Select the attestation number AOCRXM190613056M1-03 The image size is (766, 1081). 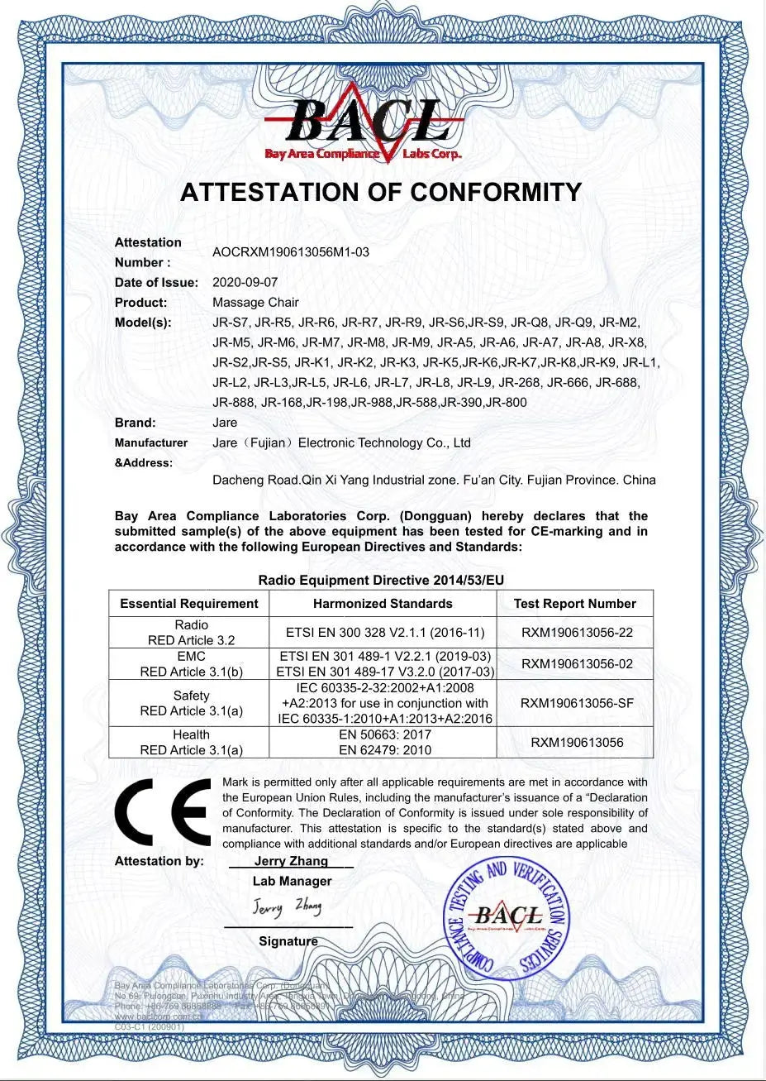(291, 252)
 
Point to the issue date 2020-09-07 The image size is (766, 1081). (245, 282)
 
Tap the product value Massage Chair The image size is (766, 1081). (255, 302)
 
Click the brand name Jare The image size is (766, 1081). (225, 422)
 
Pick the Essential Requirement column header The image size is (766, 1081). (189, 604)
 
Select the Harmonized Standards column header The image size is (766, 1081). (383, 604)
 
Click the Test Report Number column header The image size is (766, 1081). (575, 604)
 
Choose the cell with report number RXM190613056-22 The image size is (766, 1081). (577, 633)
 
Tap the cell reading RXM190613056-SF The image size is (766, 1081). (577, 703)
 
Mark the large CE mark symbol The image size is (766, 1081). (163, 812)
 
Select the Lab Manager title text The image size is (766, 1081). (292, 881)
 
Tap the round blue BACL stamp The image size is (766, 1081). (506, 916)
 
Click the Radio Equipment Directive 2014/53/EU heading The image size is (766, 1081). (381, 581)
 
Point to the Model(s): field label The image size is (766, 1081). (143, 323)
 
